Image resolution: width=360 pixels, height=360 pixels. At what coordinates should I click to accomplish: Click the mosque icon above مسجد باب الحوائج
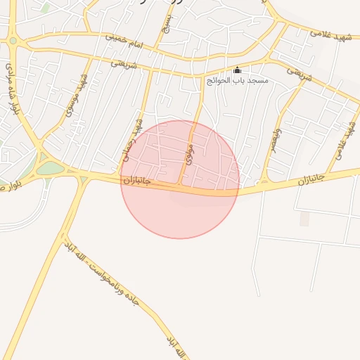(237, 70)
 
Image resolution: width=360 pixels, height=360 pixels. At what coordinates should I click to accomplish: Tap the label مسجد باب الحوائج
(237, 81)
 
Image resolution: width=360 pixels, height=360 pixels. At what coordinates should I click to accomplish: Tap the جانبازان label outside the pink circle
(310, 180)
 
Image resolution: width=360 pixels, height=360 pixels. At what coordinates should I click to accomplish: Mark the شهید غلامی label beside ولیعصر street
(346, 134)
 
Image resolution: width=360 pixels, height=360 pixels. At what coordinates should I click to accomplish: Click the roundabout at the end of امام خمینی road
(13, 41)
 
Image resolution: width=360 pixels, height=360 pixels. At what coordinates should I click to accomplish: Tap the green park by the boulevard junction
(50, 168)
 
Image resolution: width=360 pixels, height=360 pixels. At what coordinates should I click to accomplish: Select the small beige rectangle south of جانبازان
(304, 219)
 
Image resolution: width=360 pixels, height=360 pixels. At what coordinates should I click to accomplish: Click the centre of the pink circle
(180, 179)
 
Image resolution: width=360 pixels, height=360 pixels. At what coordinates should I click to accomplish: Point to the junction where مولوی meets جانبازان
(180, 186)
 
